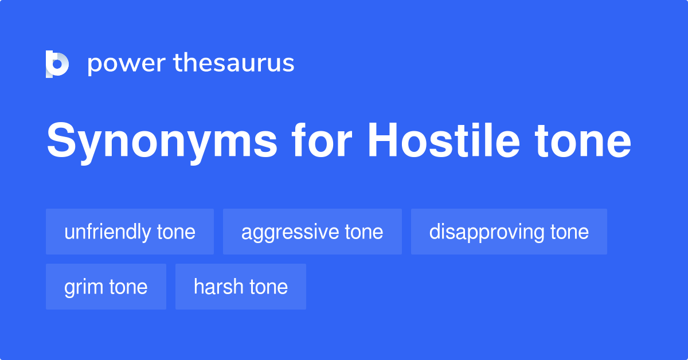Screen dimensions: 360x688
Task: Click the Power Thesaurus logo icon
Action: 57,64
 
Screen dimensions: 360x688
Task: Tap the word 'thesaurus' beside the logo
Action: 234,64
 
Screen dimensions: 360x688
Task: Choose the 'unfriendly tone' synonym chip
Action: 130,232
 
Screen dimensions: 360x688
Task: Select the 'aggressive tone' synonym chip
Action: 312,232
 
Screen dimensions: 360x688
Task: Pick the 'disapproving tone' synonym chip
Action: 509,232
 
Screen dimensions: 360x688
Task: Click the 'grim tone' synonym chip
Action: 105,287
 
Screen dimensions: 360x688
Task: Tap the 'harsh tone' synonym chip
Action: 240,287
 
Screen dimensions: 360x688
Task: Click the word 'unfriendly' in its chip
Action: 107,232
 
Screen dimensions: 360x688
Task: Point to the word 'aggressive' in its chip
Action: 290,232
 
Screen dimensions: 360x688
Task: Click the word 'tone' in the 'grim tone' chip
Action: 128,287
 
